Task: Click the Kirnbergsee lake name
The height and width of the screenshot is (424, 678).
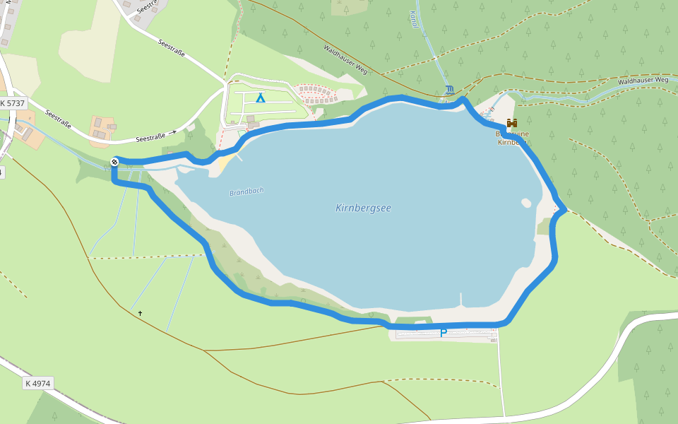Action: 363,208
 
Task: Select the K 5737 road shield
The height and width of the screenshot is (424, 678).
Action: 13,103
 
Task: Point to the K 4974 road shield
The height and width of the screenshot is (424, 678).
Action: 37,383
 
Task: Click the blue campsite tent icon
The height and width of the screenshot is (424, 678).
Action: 261,98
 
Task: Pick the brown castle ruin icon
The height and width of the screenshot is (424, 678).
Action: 512,122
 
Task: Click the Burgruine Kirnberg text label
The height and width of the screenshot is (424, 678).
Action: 512,137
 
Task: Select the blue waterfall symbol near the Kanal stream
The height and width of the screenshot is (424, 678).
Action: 451,90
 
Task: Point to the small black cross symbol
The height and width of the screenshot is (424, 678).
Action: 140,313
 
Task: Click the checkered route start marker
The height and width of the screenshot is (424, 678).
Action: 114,162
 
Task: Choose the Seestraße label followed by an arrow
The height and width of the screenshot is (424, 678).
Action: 151,136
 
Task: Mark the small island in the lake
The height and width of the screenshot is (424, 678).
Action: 525,203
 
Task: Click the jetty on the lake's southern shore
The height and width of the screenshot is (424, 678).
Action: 463,299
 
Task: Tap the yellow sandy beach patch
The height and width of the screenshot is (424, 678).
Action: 225,165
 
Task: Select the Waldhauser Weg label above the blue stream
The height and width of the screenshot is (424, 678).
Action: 643,81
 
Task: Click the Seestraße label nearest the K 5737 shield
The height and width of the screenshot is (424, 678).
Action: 58,118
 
